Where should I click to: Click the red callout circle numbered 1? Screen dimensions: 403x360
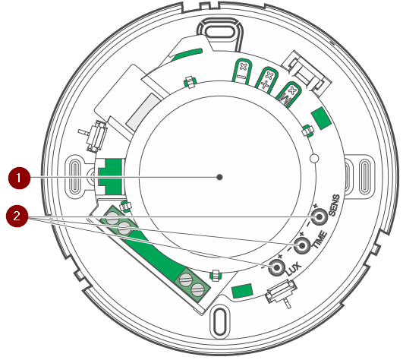[19, 178]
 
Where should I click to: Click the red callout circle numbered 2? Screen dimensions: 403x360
[17, 216]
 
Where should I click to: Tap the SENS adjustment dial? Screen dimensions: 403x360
[320, 216]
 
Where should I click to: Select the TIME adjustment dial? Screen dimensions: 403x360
[302, 245]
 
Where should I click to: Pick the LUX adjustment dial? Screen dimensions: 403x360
[276, 267]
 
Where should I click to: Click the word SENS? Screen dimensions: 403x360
[334, 205]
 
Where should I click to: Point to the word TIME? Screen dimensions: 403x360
[320, 240]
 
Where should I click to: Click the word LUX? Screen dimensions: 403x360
[294, 269]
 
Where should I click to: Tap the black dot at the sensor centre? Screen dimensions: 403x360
[219, 177]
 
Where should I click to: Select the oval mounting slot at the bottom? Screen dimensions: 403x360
[220, 321]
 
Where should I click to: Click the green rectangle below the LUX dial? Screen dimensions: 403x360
[242, 291]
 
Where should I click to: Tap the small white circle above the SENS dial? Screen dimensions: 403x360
[314, 158]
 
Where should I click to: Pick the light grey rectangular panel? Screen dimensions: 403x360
[143, 112]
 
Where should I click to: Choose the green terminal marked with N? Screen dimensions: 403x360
[288, 95]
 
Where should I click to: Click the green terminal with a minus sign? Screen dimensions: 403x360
[242, 71]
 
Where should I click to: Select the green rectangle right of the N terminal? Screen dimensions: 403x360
[321, 118]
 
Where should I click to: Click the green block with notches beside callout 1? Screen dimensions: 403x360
[110, 177]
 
